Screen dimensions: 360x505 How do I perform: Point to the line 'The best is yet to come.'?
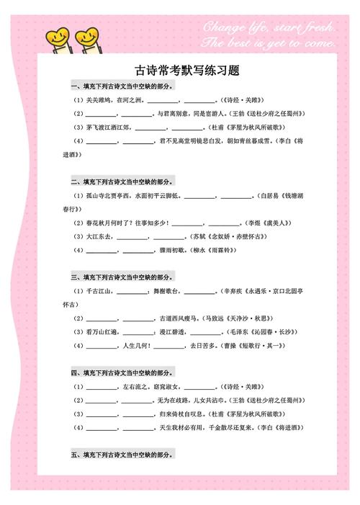[270, 43]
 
